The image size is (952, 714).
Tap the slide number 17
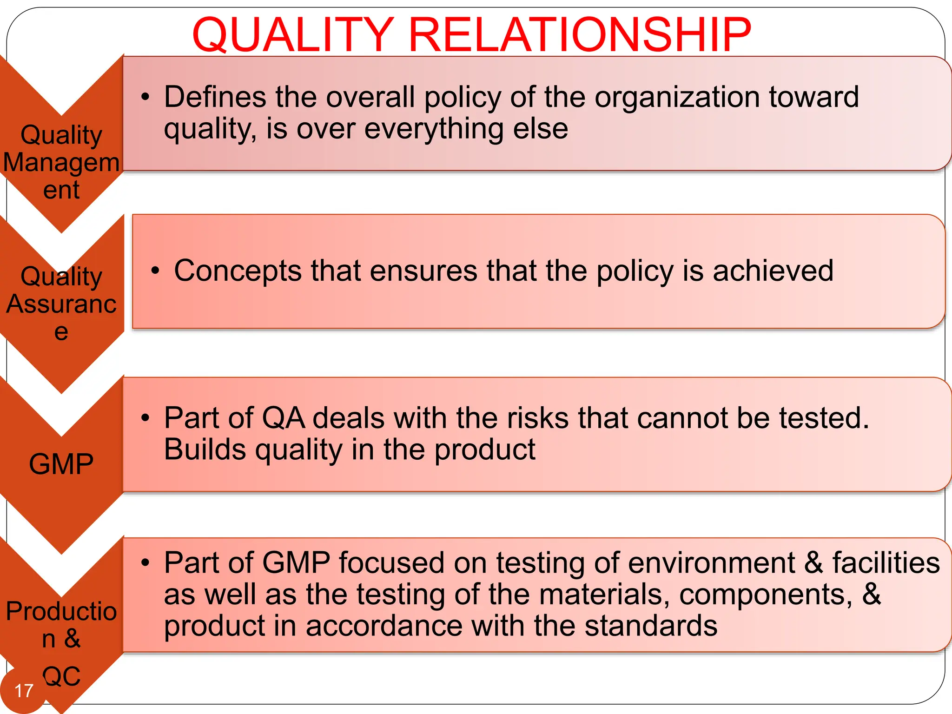[x=24, y=691]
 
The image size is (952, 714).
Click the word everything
[x=434, y=129]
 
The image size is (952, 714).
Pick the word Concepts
[x=238, y=270]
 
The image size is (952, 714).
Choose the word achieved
[x=773, y=270]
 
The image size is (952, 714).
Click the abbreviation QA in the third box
[x=284, y=417]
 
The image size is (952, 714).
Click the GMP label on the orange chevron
[x=61, y=464]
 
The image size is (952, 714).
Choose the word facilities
[x=886, y=562]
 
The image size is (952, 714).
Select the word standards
[x=651, y=626]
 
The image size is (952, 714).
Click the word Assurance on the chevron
[x=61, y=304]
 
